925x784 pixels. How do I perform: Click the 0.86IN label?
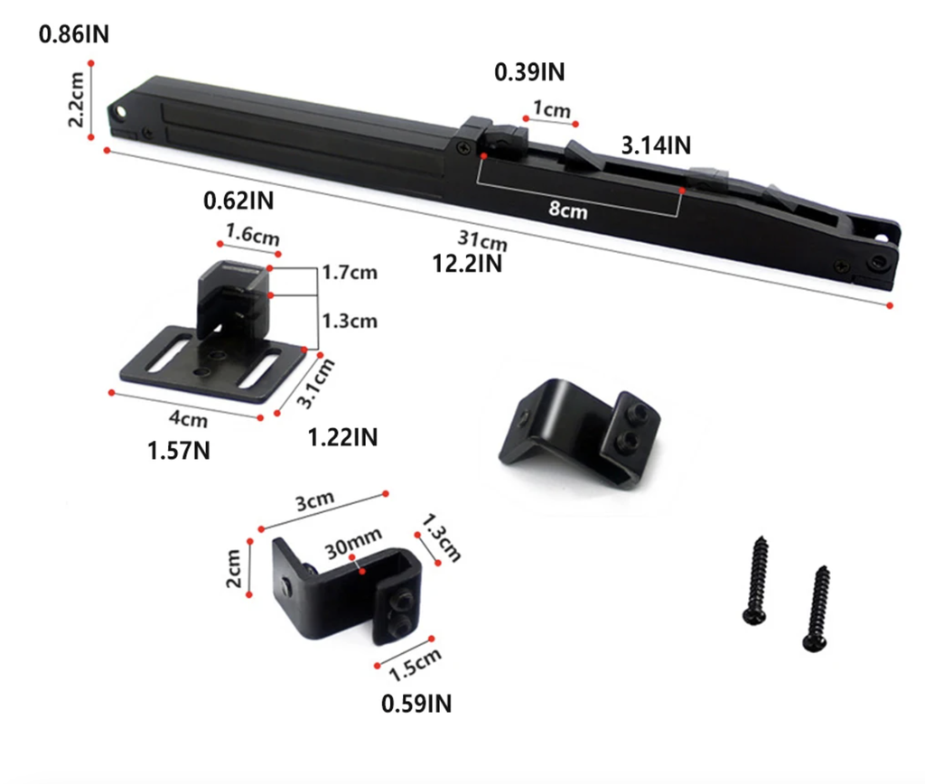coord(74,34)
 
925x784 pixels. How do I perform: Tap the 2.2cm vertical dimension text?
coord(77,99)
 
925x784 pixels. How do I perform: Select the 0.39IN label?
coord(529,72)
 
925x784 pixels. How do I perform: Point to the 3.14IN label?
coord(656,145)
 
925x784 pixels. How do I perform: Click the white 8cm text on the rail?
coord(568,210)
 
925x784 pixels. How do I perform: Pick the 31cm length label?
coord(482,240)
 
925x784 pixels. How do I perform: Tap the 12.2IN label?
coord(467,264)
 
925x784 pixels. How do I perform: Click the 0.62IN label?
coord(238,201)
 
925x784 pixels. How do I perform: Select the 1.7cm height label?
coord(350,273)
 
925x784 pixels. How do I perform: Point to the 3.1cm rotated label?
coord(315,383)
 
